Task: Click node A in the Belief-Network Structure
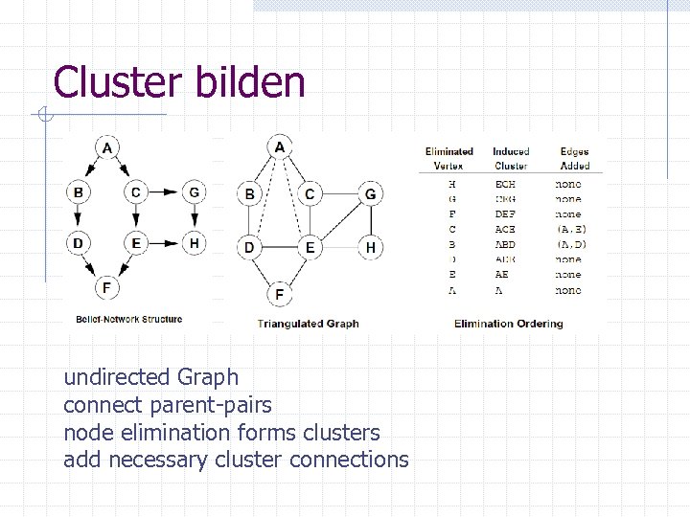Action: (107, 148)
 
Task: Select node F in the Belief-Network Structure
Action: (107, 286)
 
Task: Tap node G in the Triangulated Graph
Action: (370, 194)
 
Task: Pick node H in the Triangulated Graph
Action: (370, 248)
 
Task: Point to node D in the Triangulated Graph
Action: (249, 248)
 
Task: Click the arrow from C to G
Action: (165, 193)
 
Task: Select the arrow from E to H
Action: (165, 243)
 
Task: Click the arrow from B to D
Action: (79, 218)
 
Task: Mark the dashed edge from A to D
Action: (264, 197)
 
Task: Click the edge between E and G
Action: (339, 221)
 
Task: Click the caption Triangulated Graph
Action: (308, 324)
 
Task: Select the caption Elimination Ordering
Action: (509, 324)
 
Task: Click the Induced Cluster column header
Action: (511, 159)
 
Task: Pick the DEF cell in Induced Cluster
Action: (505, 214)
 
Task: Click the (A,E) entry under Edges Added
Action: (571, 230)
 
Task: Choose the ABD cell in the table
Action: (505, 244)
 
